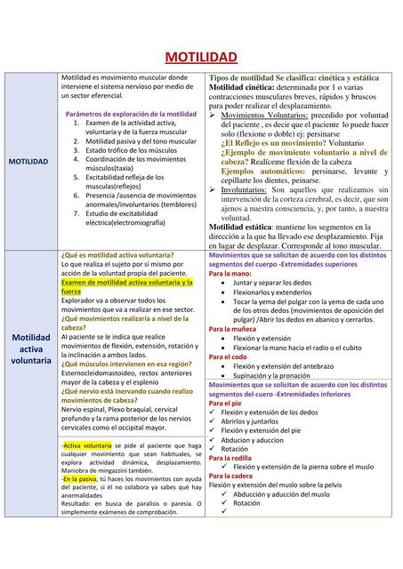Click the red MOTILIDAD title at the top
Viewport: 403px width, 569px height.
point(201,58)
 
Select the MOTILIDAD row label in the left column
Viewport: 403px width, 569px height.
point(29,162)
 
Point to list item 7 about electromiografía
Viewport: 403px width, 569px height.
point(133,217)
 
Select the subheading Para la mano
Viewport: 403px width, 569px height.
point(230,274)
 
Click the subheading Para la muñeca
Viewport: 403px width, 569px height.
point(234,329)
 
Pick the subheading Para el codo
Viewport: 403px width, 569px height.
point(228,357)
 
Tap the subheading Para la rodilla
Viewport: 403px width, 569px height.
point(232,458)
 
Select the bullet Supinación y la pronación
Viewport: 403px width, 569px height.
point(271,375)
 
